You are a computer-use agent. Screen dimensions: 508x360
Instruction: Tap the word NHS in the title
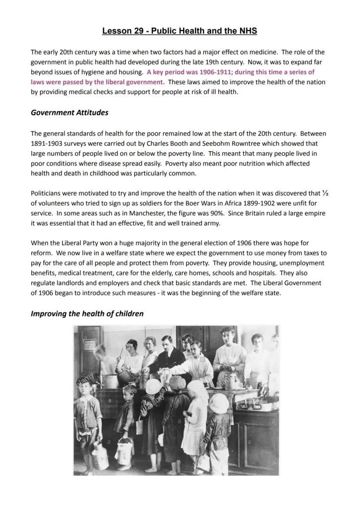(248, 31)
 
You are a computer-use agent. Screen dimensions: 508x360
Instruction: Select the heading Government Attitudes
(69, 113)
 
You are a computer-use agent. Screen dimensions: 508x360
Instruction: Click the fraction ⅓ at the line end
(325, 193)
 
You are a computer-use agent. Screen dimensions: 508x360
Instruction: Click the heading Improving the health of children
(87, 314)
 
